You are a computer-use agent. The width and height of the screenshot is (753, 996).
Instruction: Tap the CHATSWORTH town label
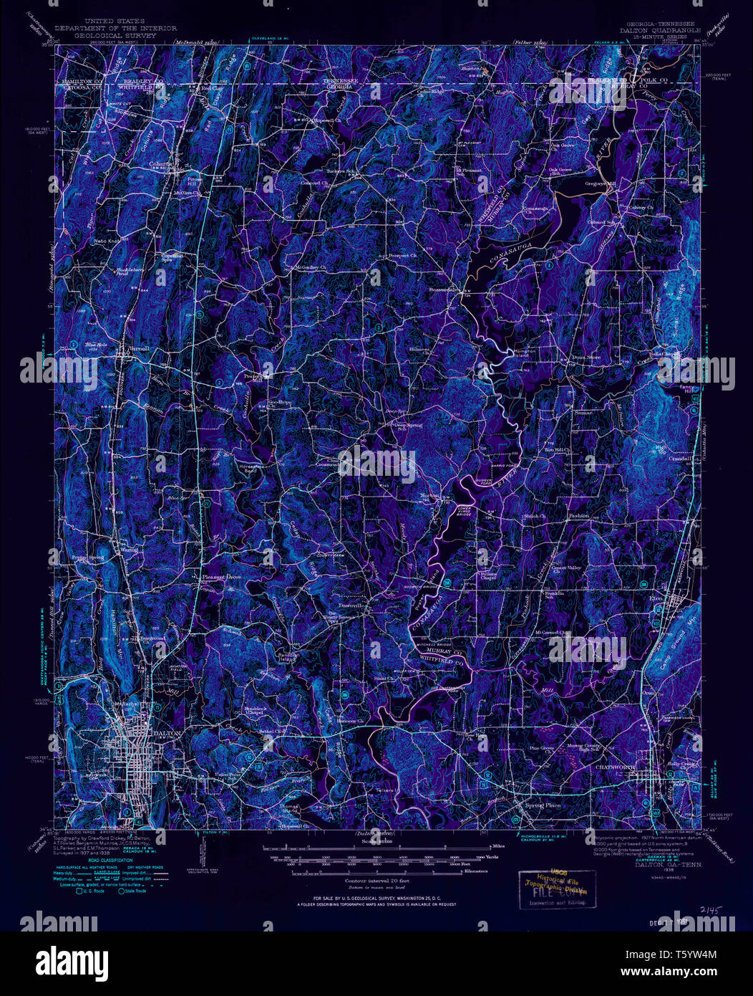(613, 767)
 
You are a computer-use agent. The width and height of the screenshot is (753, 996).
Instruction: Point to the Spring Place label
(543, 805)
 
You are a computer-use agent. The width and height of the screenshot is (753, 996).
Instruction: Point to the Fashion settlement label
(578, 515)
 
